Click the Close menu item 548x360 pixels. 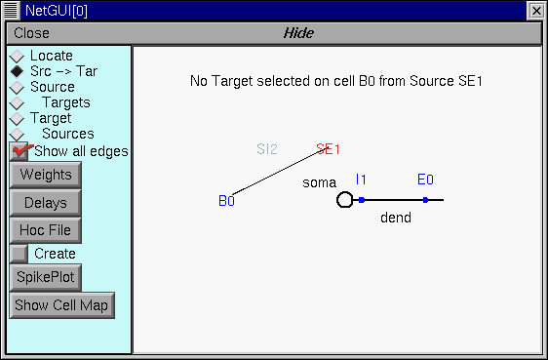(31, 33)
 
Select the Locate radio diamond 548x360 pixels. (17, 57)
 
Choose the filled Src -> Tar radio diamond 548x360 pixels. (17, 71)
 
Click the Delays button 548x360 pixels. (45, 203)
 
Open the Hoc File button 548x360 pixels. (45, 230)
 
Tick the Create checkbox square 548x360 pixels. (19, 254)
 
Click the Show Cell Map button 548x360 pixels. (61, 304)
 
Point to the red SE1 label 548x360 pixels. (329, 149)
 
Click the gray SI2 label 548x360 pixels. (267, 149)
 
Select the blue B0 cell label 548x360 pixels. (226, 201)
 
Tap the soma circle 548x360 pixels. (344, 200)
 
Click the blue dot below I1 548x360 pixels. (361, 200)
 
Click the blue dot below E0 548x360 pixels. (425, 200)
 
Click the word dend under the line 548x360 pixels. (395, 218)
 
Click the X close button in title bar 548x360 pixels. (535, 10)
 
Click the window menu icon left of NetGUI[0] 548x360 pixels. (11, 10)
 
